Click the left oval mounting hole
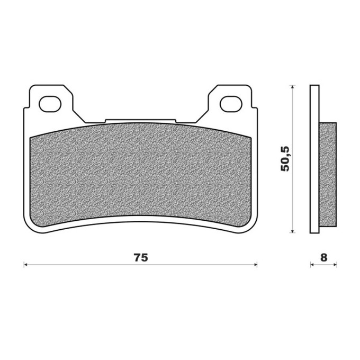click(50, 104)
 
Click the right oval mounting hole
click(231, 104)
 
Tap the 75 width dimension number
click(141, 258)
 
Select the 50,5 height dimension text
click(285, 158)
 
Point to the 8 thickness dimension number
click(323, 258)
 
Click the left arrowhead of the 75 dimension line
click(25, 265)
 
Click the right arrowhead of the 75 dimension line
click(256, 265)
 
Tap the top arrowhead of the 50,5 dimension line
click(292, 87)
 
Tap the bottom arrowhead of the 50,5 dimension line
click(292, 231)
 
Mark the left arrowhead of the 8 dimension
click(312, 265)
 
